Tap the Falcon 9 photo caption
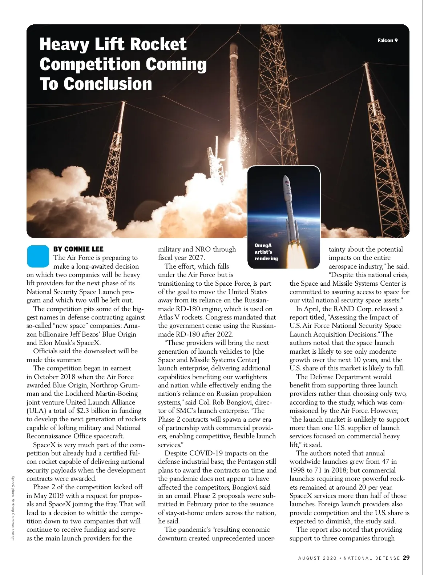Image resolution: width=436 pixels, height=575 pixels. point(387,40)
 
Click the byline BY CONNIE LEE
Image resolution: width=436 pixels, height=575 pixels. point(78,249)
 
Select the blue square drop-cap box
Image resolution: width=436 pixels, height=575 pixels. point(38,255)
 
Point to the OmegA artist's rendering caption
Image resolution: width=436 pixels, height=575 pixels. point(266,252)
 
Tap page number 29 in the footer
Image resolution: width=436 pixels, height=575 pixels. point(406,558)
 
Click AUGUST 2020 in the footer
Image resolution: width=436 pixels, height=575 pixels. point(316,558)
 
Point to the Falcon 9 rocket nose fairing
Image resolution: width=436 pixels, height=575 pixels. point(233,55)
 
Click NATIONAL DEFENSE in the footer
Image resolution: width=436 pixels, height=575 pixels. point(372,558)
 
